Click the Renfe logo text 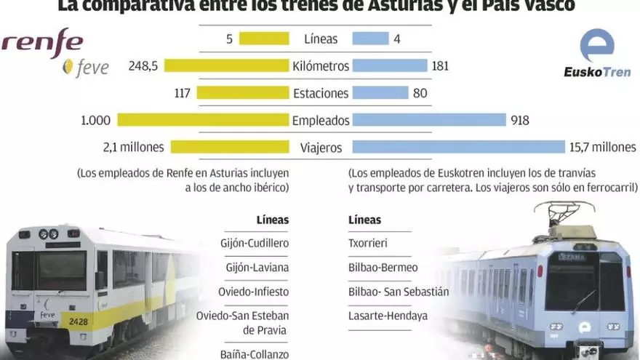click(42, 41)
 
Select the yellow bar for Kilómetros click(227, 66)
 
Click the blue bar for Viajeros click(458, 147)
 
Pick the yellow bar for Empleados click(203, 120)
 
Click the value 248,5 click(143, 66)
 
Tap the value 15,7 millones click(603, 147)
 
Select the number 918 click(520, 120)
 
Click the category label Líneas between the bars click(321, 39)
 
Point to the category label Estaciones click(321, 93)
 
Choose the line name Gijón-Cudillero click(254, 244)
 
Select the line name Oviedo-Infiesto click(254, 292)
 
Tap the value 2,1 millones click(134, 147)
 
